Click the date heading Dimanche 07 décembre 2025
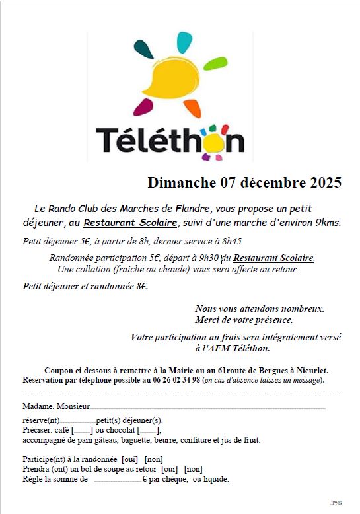coord(244,182)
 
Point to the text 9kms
coord(328,223)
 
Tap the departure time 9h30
coord(209,258)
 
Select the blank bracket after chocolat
coord(149,431)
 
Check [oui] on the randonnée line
coord(130,459)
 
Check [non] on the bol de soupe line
coord(193,469)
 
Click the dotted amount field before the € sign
coord(117,480)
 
